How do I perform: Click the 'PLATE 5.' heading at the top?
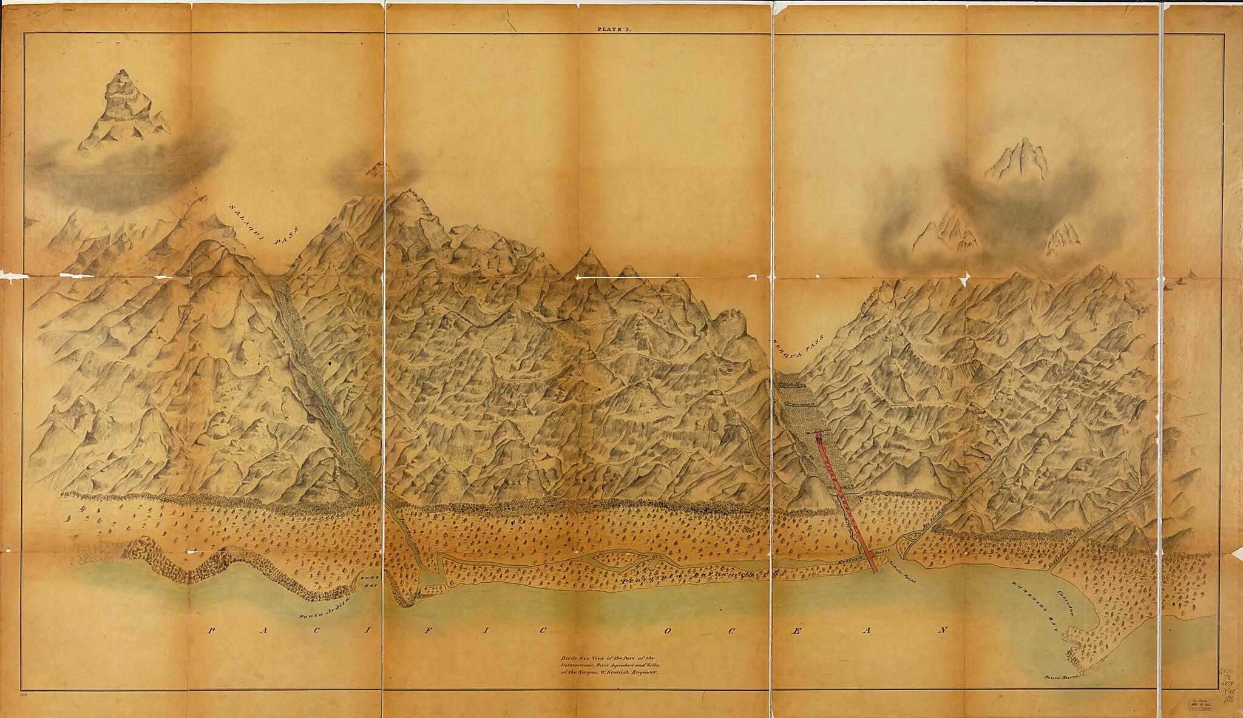point(614,29)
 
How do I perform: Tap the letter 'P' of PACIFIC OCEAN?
point(211,647)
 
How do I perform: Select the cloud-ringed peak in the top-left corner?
point(124,109)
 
